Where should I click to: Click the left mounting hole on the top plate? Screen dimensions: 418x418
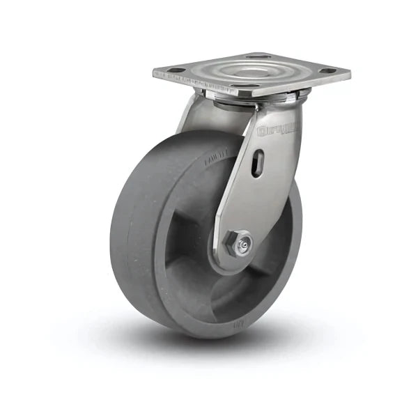pyautogui.click(x=177, y=70)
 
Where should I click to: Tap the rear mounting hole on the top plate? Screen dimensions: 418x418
pyautogui.click(x=258, y=56)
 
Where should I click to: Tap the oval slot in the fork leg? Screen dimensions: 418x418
pyautogui.click(x=258, y=164)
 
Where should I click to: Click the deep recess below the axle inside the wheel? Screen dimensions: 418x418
pyautogui.click(x=237, y=293)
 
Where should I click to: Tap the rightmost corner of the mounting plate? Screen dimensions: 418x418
pyautogui.click(x=349, y=72)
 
